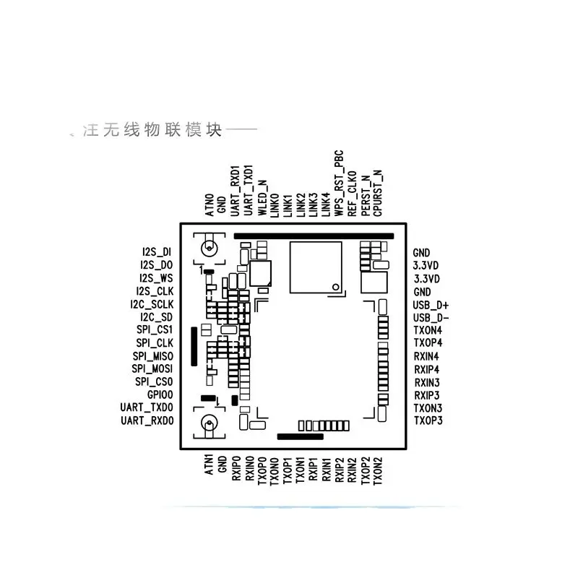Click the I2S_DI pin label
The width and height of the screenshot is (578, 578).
pyautogui.click(x=158, y=251)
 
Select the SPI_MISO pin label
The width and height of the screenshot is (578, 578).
pyautogui.click(x=153, y=355)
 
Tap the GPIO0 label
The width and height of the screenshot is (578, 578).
pyautogui.click(x=160, y=394)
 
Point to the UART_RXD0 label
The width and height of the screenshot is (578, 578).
pyautogui.click(x=147, y=420)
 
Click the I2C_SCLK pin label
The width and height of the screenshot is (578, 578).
pyautogui.click(x=152, y=303)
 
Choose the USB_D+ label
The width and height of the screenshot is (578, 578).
pyautogui.click(x=431, y=305)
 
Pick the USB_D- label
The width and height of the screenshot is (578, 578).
pyautogui.click(x=431, y=318)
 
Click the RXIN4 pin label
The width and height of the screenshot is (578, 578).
pyautogui.click(x=427, y=356)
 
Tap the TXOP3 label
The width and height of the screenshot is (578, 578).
pyautogui.click(x=428, y=420)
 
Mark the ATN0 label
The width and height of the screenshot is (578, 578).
pyautogui.click(x=210, y=204)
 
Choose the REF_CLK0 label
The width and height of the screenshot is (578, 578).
pyautogui.click(x=352, y=194)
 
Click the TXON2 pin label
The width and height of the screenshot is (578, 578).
pyautogui.click(x=378, y=470)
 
